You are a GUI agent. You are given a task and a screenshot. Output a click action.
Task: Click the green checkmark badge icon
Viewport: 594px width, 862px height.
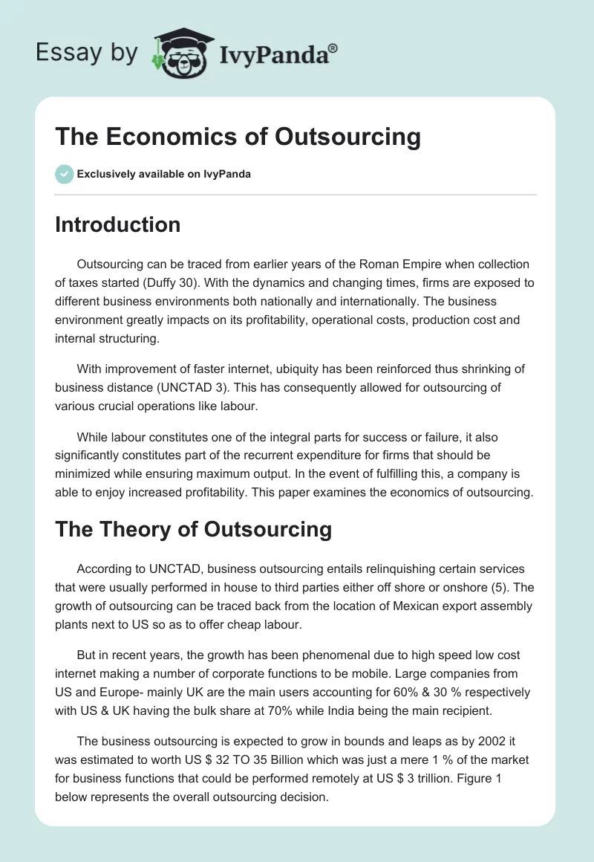pos(64,174)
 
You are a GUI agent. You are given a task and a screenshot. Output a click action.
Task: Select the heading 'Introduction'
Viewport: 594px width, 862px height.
pos(117,224)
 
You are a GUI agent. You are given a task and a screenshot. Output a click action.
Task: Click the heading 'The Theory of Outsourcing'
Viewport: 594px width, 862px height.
pos(193,529)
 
